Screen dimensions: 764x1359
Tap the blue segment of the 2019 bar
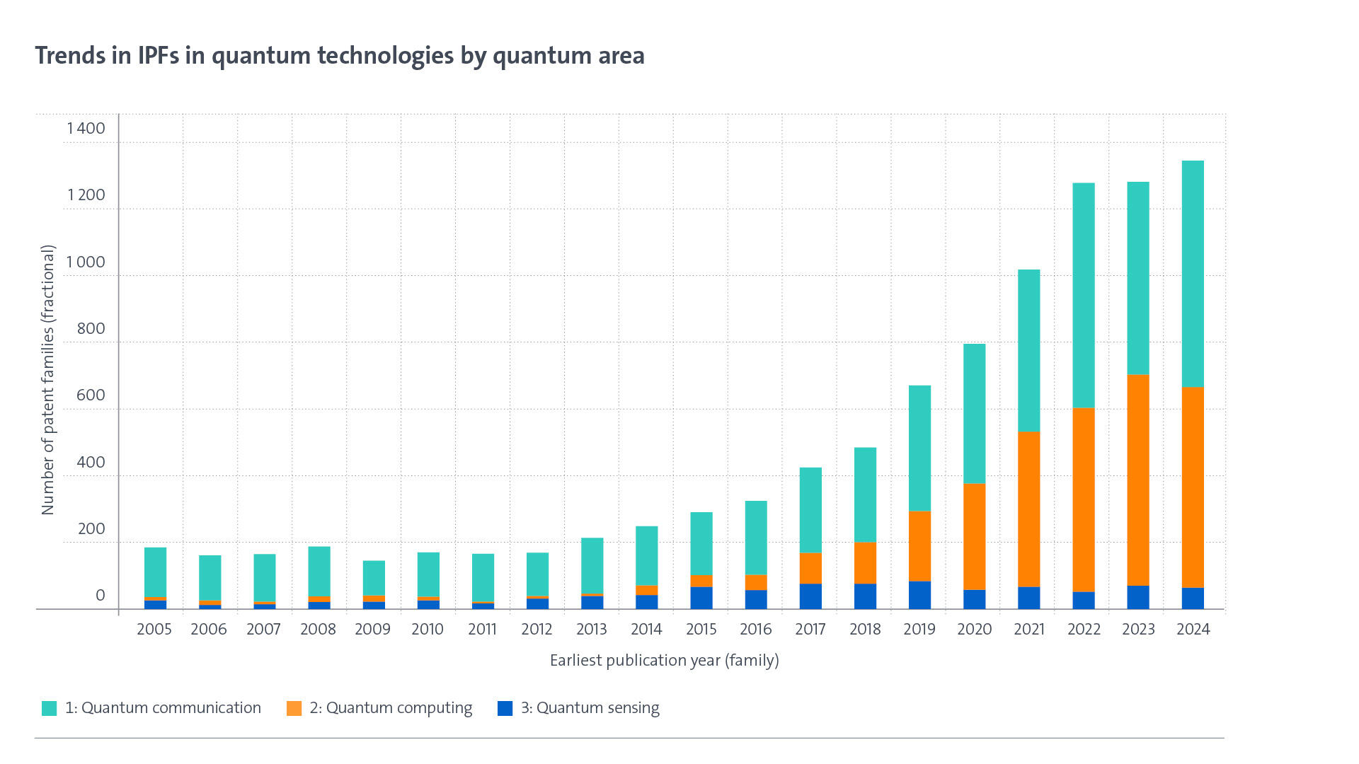point(919,595)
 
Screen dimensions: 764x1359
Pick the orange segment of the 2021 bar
point(1028,509)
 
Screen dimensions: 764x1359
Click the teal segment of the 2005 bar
point(155,572)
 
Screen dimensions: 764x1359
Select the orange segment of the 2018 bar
point(865,562)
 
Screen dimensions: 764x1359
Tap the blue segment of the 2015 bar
point(701,598)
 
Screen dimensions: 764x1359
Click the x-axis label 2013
point(591,629)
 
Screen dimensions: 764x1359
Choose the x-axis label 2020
point(974,629)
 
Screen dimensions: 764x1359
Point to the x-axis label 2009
point(372,629)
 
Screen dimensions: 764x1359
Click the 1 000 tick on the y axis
point(86,262)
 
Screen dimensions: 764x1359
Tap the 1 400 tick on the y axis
point(86,128)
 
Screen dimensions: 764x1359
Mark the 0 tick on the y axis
point(100,595)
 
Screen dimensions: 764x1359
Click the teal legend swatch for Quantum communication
point(49,708)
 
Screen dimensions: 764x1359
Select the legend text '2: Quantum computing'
point(391,708)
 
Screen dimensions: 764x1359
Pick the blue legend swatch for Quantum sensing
point(505,708)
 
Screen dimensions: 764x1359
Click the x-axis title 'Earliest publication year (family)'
point(664,660)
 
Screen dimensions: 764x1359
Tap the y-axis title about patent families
point(47,380)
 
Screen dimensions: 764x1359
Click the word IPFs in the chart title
point(159,55)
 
